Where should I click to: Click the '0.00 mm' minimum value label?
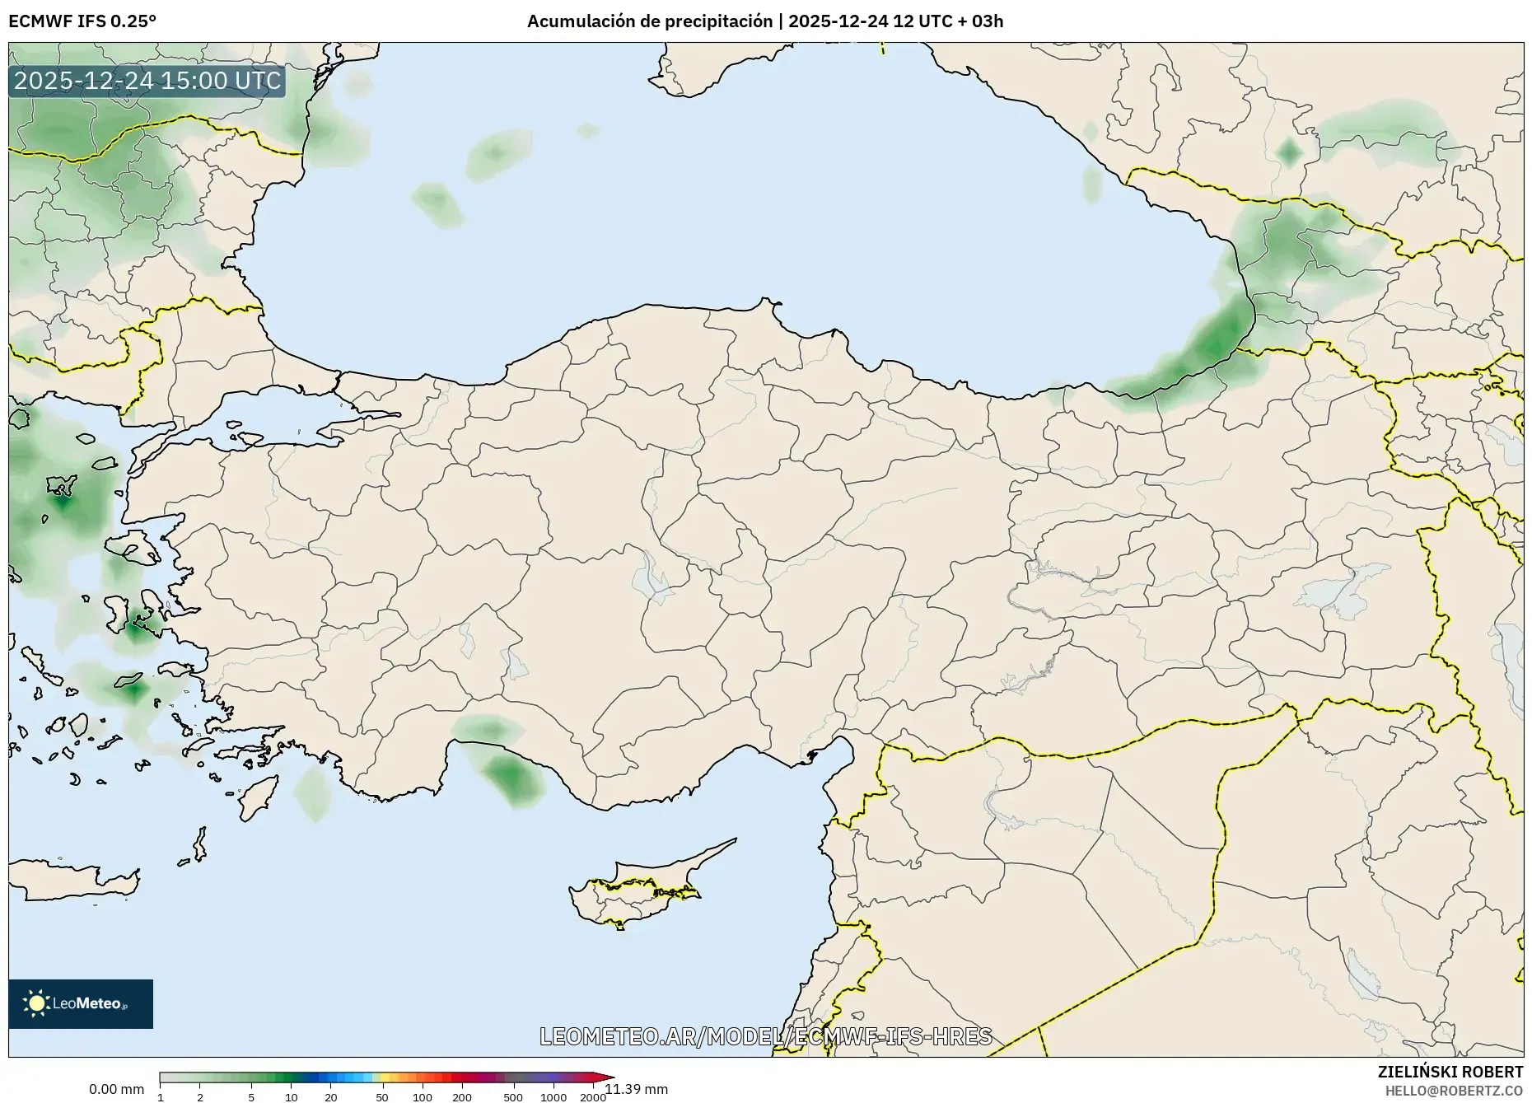click(x=116, y=1089)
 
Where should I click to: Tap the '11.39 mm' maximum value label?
click(x=636, y=1089)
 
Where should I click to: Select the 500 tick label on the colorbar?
click(x=513, y=1097)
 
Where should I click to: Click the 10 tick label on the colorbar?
click(x=291, y=1097)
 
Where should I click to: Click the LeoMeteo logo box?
click(x=81, y=1003)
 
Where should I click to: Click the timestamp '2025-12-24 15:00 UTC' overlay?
click(x=147, y=81)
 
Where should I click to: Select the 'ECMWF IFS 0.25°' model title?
click(x=82, y=21)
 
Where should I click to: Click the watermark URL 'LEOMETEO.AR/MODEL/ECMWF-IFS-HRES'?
click(x=765, y=1036)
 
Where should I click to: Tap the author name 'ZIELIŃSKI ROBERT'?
click(x=1450, y=1072)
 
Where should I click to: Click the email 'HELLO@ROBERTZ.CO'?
click(x=1454, y=1091)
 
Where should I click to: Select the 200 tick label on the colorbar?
click(x=462, y=1097)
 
